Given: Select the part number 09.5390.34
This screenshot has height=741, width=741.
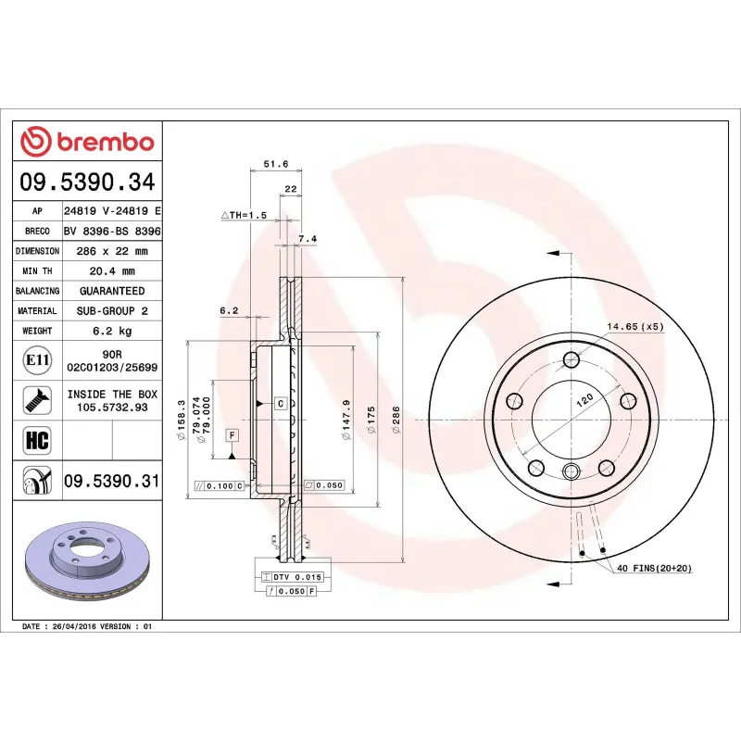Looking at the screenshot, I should [89, 182].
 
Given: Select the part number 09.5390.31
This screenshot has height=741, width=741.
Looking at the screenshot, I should [112, 481].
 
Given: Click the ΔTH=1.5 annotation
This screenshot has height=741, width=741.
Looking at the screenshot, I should [244, 215].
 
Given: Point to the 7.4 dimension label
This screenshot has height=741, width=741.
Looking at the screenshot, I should [308, 239].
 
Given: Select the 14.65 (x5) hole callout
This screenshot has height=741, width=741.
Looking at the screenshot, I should [635, 327].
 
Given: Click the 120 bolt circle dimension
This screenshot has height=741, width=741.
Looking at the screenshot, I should [584, 402].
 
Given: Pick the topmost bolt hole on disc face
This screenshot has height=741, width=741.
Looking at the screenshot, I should [571, 359].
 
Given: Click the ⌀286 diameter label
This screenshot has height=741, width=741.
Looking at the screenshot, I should [396, 421].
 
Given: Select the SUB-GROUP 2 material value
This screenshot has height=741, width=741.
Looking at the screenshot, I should [112, 311].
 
